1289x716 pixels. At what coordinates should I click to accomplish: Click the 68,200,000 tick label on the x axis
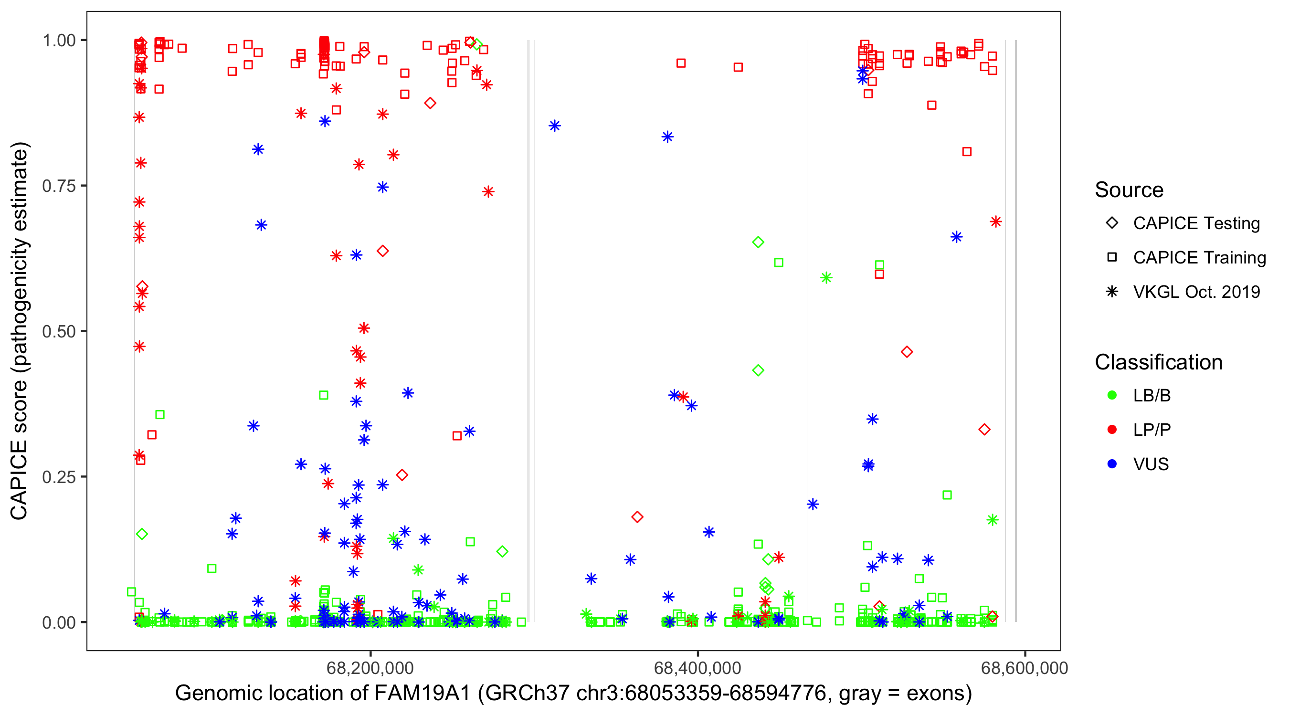click(x=370, y=668)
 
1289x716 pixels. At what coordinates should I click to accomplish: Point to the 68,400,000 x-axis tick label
click(x=697, y=668)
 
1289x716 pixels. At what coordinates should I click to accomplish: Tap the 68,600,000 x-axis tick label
click(x=1025, y=668)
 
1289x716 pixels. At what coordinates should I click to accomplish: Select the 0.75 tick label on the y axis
click(x=59, y=186)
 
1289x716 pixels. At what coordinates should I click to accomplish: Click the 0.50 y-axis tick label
click(x=59, y=331)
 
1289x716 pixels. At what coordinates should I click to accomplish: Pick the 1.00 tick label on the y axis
click(x=59, y=41)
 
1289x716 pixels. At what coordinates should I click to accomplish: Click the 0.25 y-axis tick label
click(x=59, y=477)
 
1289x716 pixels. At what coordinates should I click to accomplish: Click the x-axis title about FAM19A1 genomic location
click(x=573, y=694)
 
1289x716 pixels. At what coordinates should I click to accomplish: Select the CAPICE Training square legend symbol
click(x=1112, y=258)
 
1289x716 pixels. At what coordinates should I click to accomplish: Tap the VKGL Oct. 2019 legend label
click(x=1196, y=292)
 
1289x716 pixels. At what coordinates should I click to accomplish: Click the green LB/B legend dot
click(x=1112, y=396)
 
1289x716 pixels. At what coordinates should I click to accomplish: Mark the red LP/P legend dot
click(x=1112, y=430)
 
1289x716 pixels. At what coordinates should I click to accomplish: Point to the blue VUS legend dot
click(x=1112, y=464)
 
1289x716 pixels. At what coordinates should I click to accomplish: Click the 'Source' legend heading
click(x=1129, y=190)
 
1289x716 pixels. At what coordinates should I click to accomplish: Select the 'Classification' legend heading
click(x=1158, y=362)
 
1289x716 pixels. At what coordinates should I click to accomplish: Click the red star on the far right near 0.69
click(x=996, y=221)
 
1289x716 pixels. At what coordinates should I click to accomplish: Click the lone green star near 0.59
click(x=826, y=278)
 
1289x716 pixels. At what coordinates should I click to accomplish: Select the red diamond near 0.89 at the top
click(x=430, y=104)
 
